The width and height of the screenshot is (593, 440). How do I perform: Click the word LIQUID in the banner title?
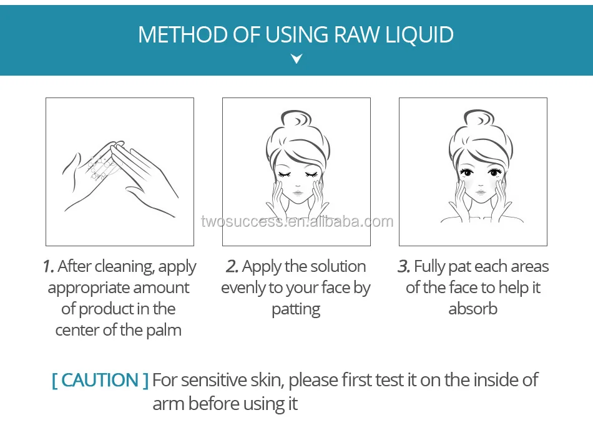[x=419, y=35]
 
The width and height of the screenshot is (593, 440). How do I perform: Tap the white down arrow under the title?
[x=296, y=59]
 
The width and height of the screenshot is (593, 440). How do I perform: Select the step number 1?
[x=48, y=266]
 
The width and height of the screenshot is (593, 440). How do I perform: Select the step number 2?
[x=232, y=266]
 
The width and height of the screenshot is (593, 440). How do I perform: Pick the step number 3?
[x=403, y=266]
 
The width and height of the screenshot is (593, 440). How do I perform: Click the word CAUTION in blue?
[x=100, y=380]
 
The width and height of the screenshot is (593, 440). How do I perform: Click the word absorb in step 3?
[x=473, y=309]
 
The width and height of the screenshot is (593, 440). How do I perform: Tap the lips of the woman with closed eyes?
[x=298, y=193]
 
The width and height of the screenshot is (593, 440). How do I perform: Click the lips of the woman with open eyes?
[x=480, y=192]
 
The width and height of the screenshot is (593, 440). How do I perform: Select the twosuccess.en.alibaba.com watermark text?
[x=297, y=221]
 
